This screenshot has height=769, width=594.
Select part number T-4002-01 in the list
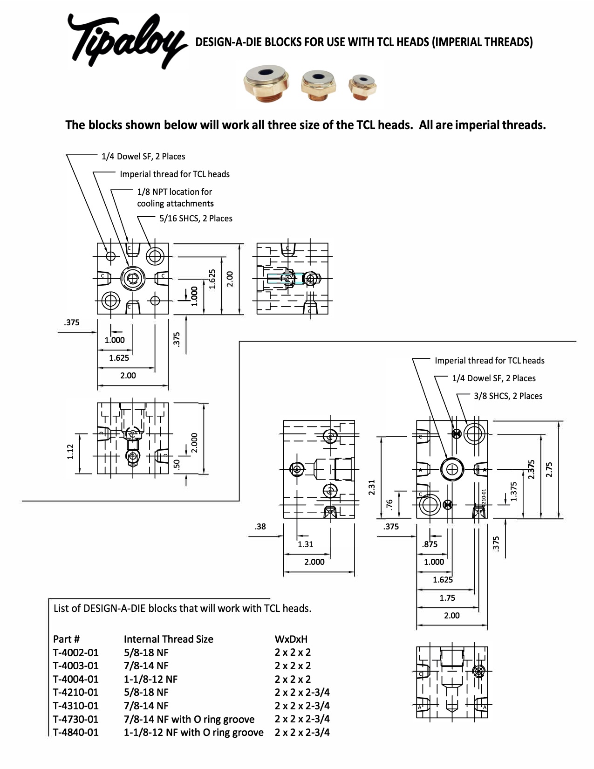click(76, 652)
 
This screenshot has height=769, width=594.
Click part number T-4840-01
click(76, 732)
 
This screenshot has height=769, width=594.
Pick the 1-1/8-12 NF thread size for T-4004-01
click(150, 679)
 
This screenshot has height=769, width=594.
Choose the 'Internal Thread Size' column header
click(168, 639)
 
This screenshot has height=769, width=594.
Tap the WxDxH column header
click(291, 639)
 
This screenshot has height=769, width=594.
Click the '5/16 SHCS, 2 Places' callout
click(196, 218)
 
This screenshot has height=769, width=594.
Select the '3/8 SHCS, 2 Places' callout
click(508, 396)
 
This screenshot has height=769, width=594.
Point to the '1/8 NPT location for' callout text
click(174, 192)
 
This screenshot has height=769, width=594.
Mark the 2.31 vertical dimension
click(372, 487)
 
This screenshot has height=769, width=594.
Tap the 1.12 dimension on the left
click(70, 452)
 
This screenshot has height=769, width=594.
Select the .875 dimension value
click(430, 544)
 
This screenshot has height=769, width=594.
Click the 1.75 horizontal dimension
click(447, 597)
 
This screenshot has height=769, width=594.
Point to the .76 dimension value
click(390, 505)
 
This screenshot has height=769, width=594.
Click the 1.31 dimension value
click(306, 544)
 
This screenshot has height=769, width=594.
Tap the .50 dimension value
click(177, 464)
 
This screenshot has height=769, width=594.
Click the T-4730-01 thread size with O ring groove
click(189, 719)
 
